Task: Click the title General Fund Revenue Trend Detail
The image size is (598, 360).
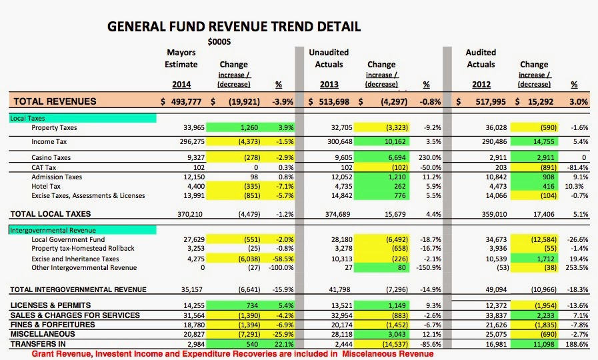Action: click(234, 27)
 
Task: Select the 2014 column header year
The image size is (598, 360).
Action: click(181, 84)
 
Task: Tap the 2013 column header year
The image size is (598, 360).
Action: click(329, 84)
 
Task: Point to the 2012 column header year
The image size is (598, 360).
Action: click(481, 84)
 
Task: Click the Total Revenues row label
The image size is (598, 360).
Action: click(55, 101)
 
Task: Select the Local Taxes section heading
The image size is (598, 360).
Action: click(27, 118)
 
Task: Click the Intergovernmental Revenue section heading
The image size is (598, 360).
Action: click(53, 230)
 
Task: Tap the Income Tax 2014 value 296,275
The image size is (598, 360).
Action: click(192, 142)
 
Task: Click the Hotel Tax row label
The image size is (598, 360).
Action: click(46, 186)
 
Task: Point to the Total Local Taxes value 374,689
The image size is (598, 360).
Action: click(337, 214)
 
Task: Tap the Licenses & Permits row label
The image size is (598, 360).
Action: click(51, 305)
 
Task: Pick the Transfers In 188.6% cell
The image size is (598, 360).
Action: click(577, 344)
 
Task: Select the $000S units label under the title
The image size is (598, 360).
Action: click(219, 42)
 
